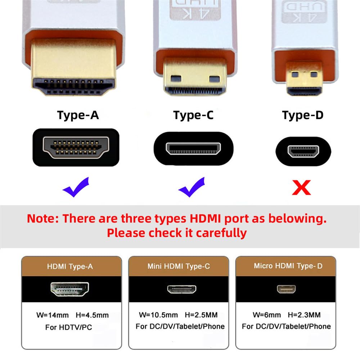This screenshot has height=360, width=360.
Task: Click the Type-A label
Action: pyautogui.click(x=78, y=115)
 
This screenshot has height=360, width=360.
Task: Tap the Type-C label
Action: pyautogui.click(x=193, y=115)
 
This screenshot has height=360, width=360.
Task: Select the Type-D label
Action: pyautogui.click(x=303, y=115)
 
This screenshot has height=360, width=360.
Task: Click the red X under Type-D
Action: pyautogui.click(x=301, y=187)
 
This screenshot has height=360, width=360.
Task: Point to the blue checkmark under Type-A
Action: pyautogui.click(x=76, y=187)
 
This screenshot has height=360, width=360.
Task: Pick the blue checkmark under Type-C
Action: pyautogui.click(x=192, y=188)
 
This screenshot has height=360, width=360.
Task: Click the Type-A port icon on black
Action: pyautogui.click(x=76, y=148)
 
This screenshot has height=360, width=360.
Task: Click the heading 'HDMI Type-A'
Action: pyautogui.click(x=70, y=267)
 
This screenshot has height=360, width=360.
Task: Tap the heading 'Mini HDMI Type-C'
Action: pyautogui.click(x=179, y=267)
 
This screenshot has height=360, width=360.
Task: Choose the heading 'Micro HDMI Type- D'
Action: pyautogui.click(x=288, y=266)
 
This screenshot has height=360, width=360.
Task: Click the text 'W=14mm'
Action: pyautogui.click(x=53, y=315)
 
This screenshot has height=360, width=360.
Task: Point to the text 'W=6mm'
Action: pyautogui.click(x=267, y=315)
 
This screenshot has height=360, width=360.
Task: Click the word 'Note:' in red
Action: pyautogui.click(x=43, y=219)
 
